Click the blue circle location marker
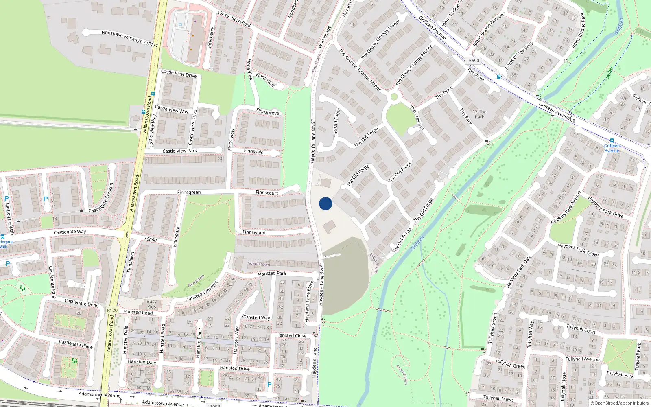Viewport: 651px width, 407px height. [x=325, y=203]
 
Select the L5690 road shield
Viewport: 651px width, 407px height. [x=473, y=61]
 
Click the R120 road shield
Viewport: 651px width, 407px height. [x=112, y=310]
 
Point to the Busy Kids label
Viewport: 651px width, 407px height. [x=151, y=304]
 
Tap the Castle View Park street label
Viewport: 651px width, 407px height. [x=179, y=151]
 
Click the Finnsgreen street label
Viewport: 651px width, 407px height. [x=189, y=192]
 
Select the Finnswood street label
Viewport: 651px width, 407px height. [x=254, y=232]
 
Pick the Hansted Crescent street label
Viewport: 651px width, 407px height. [x=201, y=291]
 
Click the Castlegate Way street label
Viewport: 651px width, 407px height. [x=70, y=232]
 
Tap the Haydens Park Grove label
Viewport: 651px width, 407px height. [x=578, y=250]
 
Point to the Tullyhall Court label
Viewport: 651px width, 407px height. [x=581, y=329]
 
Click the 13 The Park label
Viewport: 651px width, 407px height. [x=479, y=114]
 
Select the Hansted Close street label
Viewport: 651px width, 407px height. [x=291, y=335]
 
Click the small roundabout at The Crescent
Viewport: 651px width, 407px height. [x=393, y=97]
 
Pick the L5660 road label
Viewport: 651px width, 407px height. [x=151, y=239]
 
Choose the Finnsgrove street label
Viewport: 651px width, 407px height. [x=268, y=112]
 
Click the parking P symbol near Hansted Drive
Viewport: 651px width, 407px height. [x=269, y=385]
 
